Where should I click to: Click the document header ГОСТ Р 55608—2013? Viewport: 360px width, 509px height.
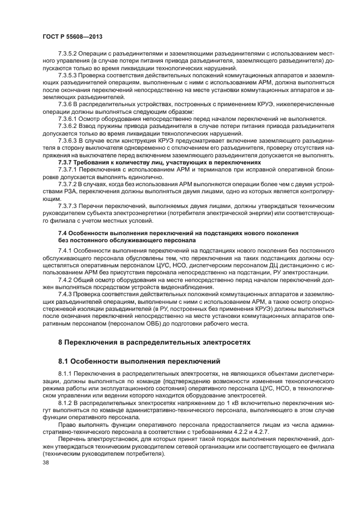[x=72, y=35]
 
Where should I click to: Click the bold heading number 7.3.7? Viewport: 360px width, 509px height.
[x=66, y=162]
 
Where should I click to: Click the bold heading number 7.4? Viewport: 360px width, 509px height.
[x=63, y=233]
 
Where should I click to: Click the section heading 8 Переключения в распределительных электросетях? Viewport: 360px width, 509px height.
[x=154, y=342]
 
